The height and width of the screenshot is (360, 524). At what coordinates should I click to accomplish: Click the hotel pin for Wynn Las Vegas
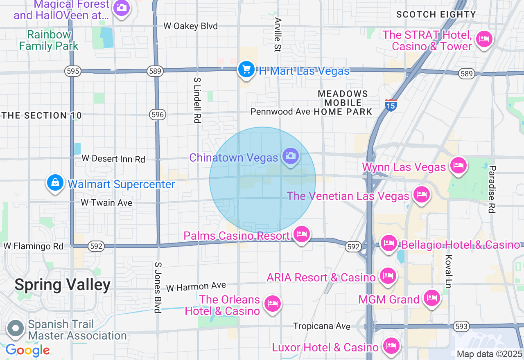click(x=458, y=166)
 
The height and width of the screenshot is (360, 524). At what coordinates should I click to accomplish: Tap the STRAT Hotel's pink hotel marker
click(x=485, y=39)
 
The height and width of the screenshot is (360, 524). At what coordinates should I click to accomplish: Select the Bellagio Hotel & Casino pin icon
click(x=389, y=243)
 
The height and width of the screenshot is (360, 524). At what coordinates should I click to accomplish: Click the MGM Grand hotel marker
click(x=431, y=298)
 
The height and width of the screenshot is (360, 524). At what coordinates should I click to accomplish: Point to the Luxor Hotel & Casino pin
click(x=391, y=346)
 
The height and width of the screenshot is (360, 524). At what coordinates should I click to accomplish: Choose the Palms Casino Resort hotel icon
click(x=302, y=234)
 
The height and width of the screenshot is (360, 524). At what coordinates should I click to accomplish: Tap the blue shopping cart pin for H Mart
click(x=246, y=70)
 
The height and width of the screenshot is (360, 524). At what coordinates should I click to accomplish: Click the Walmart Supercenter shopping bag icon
click(x=55, y=183)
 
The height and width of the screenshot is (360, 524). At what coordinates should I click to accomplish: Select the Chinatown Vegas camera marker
click(x=291, y=156)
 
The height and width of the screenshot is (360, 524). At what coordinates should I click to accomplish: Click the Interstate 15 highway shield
click(x=391, y=105)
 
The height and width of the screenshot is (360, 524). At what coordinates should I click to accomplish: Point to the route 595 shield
click(x=72, y=71)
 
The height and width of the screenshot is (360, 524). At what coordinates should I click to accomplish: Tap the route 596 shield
click(x=158, y=115)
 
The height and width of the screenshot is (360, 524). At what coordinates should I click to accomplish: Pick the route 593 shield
click(x=461, y=326)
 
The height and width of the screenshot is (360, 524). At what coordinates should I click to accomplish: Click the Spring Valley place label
click(x=63, y=285)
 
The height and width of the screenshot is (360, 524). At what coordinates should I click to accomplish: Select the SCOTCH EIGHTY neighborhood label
click(x=436, y=15)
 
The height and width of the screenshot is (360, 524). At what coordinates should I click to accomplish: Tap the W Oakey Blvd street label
click(x=190, y=26)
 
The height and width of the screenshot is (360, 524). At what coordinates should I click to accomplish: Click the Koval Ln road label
click(x=447, y=272)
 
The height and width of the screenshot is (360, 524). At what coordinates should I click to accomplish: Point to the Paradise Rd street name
click(x=492, y=189)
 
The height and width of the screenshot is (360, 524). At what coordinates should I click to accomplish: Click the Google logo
click(x=27, y=350)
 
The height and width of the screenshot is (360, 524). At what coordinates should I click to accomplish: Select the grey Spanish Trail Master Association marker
click(x=16, y=328)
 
